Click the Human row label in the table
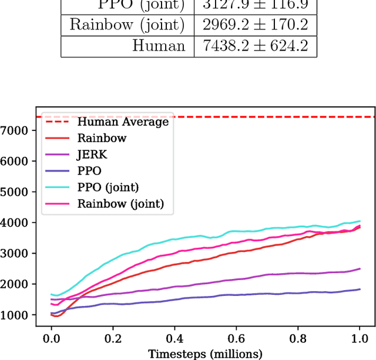pos(159,45)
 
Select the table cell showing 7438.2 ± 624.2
pos(256,45)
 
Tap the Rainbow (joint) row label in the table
pos(127,25)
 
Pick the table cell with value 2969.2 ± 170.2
pos(256,25)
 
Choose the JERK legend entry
pos(92,155)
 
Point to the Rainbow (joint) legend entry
pos(120,204)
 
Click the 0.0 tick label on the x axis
pos(51,339)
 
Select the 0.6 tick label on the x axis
pos(236,339)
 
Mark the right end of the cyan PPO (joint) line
pos(360,221)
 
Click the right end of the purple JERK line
pos(360,269)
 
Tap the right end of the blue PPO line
pos(360,289)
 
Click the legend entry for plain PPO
pos(89,171)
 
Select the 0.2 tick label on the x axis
pos(113,339)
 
